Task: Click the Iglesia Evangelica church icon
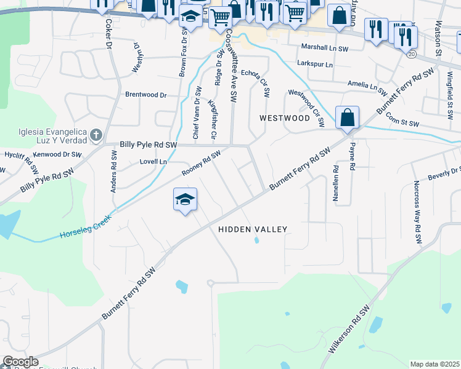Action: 96,134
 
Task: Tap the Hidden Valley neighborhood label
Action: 253,229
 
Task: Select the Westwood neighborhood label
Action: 284,117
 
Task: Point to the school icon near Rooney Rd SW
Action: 185,200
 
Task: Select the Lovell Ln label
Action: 154,162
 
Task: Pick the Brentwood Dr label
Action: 146,95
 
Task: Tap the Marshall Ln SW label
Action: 324,47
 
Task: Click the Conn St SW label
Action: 403,123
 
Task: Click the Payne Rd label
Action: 353,157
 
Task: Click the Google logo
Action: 20,362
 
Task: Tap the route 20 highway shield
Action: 410,54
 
